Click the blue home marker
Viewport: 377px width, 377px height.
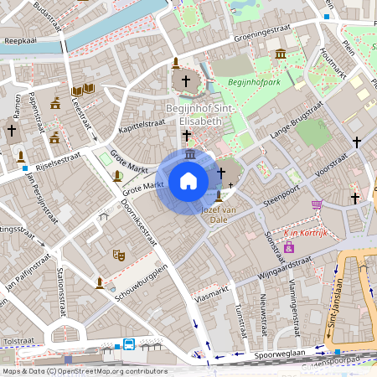(x=188, y=180)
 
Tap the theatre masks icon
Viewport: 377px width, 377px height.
(x=118, y=251)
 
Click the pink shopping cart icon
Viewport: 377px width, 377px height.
(x=317, y=204)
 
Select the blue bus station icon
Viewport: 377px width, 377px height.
(x=129, y=343)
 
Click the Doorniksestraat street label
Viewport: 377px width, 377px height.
(x=139, y=221)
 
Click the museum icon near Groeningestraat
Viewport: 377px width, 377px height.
(x=280, y=54)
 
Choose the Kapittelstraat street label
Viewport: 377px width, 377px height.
(x=142, y=124)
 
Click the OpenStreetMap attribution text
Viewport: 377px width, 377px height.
(x=84, y=371)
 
